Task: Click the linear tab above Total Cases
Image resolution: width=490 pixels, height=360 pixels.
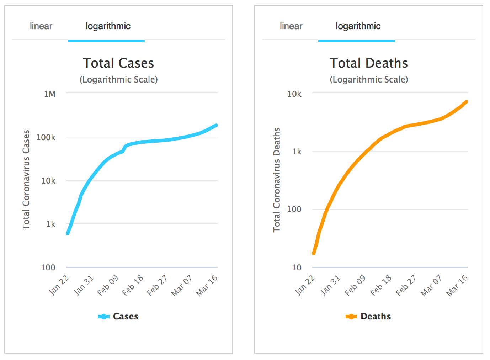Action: point(41,26)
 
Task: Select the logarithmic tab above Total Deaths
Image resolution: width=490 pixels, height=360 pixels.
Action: point(358,26)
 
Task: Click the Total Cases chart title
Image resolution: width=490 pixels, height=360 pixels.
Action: point(118,63)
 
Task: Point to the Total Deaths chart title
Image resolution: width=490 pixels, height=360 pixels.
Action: point(368,63)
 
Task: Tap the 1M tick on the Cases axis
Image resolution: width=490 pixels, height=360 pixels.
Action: point(50,94)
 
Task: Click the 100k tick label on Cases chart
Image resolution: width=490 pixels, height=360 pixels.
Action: point(46,137)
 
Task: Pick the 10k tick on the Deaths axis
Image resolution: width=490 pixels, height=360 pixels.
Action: point(294,94)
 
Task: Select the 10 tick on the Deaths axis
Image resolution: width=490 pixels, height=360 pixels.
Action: point(297,268)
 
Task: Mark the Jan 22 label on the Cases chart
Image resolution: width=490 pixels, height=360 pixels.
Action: point(59,285)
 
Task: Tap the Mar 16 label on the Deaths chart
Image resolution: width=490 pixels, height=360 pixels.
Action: point(457,285)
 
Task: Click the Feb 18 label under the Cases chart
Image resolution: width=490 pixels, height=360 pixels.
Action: point(133,285)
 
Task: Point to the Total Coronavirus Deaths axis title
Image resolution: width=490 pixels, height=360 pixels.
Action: point(277,180)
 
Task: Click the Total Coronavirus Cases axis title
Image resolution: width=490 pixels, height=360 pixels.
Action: point(26,180)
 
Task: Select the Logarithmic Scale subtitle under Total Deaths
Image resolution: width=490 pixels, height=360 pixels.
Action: point(368,79)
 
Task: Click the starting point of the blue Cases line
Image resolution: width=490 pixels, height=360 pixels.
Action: point(68,233)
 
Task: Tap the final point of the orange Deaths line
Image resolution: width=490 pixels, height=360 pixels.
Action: point(466,102)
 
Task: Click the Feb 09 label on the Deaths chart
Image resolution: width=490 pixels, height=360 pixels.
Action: point(355,285)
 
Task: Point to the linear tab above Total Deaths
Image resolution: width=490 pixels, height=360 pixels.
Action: point(291,26)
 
